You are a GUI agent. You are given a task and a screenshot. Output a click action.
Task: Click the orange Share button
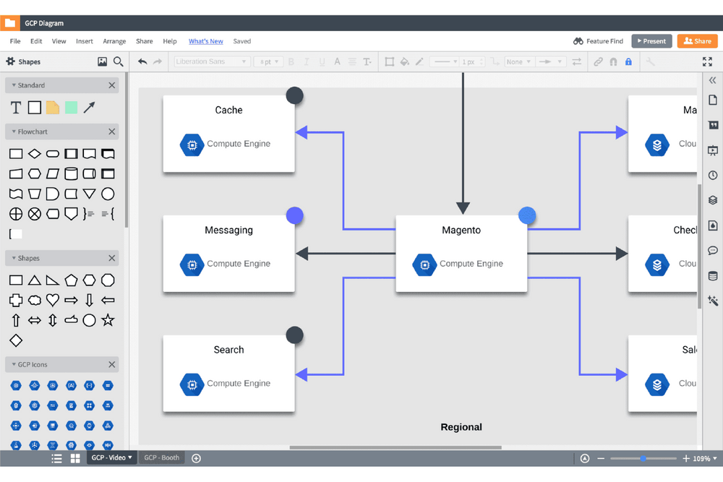pyautogui.click(x=697, y=41)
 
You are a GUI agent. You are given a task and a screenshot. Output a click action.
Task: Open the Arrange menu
pyautogui.click(x=114, y=41)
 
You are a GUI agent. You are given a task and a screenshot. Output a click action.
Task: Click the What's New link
pyautogui.click(x=205, y=41)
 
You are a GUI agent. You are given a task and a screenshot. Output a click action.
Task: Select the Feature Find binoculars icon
pyautogui.click(x=578, y=41)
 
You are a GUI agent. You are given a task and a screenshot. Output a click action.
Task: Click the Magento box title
pyautogui.click(x=461, y=230)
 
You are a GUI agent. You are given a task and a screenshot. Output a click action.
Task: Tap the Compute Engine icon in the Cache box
pyautogui.click(x=192, y=144)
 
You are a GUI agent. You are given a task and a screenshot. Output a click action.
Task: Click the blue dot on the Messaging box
pyautogui.click(x=294, y=215)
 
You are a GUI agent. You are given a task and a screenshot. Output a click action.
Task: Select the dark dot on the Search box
pyautogui.click(x=294, y=335)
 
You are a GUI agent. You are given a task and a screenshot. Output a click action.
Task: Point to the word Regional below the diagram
pyautogui.click(x=461, y=427)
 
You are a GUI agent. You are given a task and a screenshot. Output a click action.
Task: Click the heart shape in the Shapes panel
pyautogui.click(x=53, y=300)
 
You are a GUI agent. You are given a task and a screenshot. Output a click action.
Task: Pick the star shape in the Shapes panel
pyautogui.click(x=108, y=319)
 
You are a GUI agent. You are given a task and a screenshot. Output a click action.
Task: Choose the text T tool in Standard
pyautogui.click(x=16, y=108)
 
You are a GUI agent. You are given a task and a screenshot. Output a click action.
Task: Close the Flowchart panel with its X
pyautogui.click(x=112, y=132)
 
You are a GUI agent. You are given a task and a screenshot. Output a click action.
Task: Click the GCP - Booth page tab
pyautogui.click(x=161, y=457)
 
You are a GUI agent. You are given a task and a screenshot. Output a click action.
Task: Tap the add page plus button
pyautogui.click(x=196, y=458)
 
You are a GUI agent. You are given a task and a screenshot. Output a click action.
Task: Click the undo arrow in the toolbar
pyautogui.click(x=142, y=62)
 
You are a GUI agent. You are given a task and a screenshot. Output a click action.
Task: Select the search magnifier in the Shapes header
pyautogui.click(x=119, y=62)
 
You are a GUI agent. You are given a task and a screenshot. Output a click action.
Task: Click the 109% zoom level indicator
pyautogui.click(x=701, y=458)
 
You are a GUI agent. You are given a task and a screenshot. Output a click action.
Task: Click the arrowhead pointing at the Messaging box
pyautogui.click(x=302, y=254)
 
